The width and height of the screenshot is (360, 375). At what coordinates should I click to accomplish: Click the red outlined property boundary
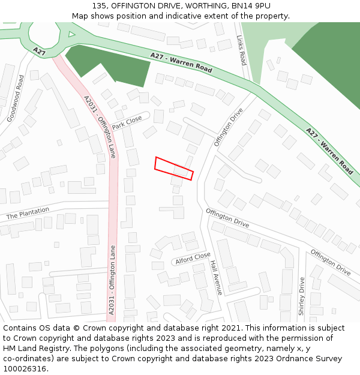(174, 169)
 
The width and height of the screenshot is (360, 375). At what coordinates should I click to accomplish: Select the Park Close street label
(127, 122)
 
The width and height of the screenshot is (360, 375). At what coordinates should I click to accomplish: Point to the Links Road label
(242, 50)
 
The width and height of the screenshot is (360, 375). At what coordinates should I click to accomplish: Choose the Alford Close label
(193, 259)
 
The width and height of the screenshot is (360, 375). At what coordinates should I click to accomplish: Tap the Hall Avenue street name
(216, 277)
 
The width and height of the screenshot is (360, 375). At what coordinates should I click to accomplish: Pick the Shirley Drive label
(302, 296)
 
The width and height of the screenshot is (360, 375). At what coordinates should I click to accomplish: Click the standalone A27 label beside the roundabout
(40, 52)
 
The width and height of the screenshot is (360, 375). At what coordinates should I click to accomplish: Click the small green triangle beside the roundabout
(72, 34)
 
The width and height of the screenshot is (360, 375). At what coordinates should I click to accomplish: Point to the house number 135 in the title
(100, 6)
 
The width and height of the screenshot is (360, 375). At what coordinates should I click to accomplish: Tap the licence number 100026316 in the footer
(26, 368)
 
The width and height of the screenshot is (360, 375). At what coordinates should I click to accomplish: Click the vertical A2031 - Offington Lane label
(112, 279)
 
